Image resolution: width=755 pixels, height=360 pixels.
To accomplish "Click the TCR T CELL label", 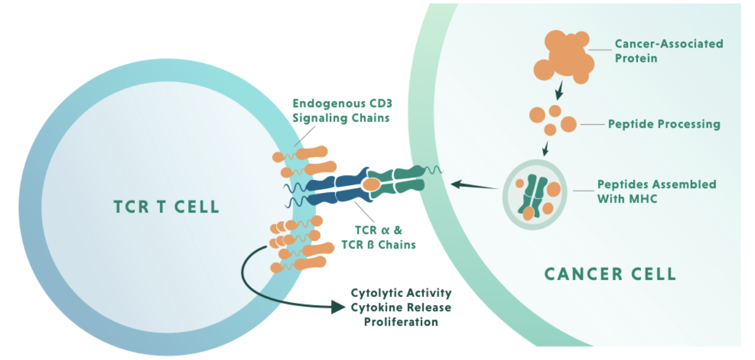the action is click(167, 207).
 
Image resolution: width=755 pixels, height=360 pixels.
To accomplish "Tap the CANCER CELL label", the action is click(610, 274).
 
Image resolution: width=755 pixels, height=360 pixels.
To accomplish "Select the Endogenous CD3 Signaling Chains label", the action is click(342, 111).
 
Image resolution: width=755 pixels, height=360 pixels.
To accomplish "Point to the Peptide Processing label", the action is click(664, 124).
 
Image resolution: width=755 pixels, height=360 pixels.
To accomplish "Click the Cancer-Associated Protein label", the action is click(669, 51).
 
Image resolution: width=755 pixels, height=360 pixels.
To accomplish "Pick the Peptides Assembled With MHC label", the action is click(657, 192).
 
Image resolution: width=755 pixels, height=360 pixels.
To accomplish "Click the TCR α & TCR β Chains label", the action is click(379, 237).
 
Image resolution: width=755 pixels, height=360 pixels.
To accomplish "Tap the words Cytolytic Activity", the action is click(401, 293).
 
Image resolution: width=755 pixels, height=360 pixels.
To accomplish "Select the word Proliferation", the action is click(401, 322).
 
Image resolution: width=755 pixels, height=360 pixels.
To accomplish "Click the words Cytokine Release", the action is click(401, 307).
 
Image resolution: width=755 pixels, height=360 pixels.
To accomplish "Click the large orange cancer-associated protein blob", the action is click(563, 57).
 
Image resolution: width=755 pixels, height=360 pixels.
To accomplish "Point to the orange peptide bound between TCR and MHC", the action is click(371, 185).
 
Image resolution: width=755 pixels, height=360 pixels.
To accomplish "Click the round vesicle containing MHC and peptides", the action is click(534, 194).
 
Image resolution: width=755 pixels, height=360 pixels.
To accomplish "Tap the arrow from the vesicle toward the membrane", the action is click(474, 185).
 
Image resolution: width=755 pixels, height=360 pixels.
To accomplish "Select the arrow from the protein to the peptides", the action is click(559, 90).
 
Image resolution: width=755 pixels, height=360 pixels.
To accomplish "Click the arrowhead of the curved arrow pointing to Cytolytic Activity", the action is click(338, 307).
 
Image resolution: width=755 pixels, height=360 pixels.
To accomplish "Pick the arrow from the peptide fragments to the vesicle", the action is click(545, 149).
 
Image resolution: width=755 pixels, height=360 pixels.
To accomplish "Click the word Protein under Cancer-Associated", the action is click(636, 58).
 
